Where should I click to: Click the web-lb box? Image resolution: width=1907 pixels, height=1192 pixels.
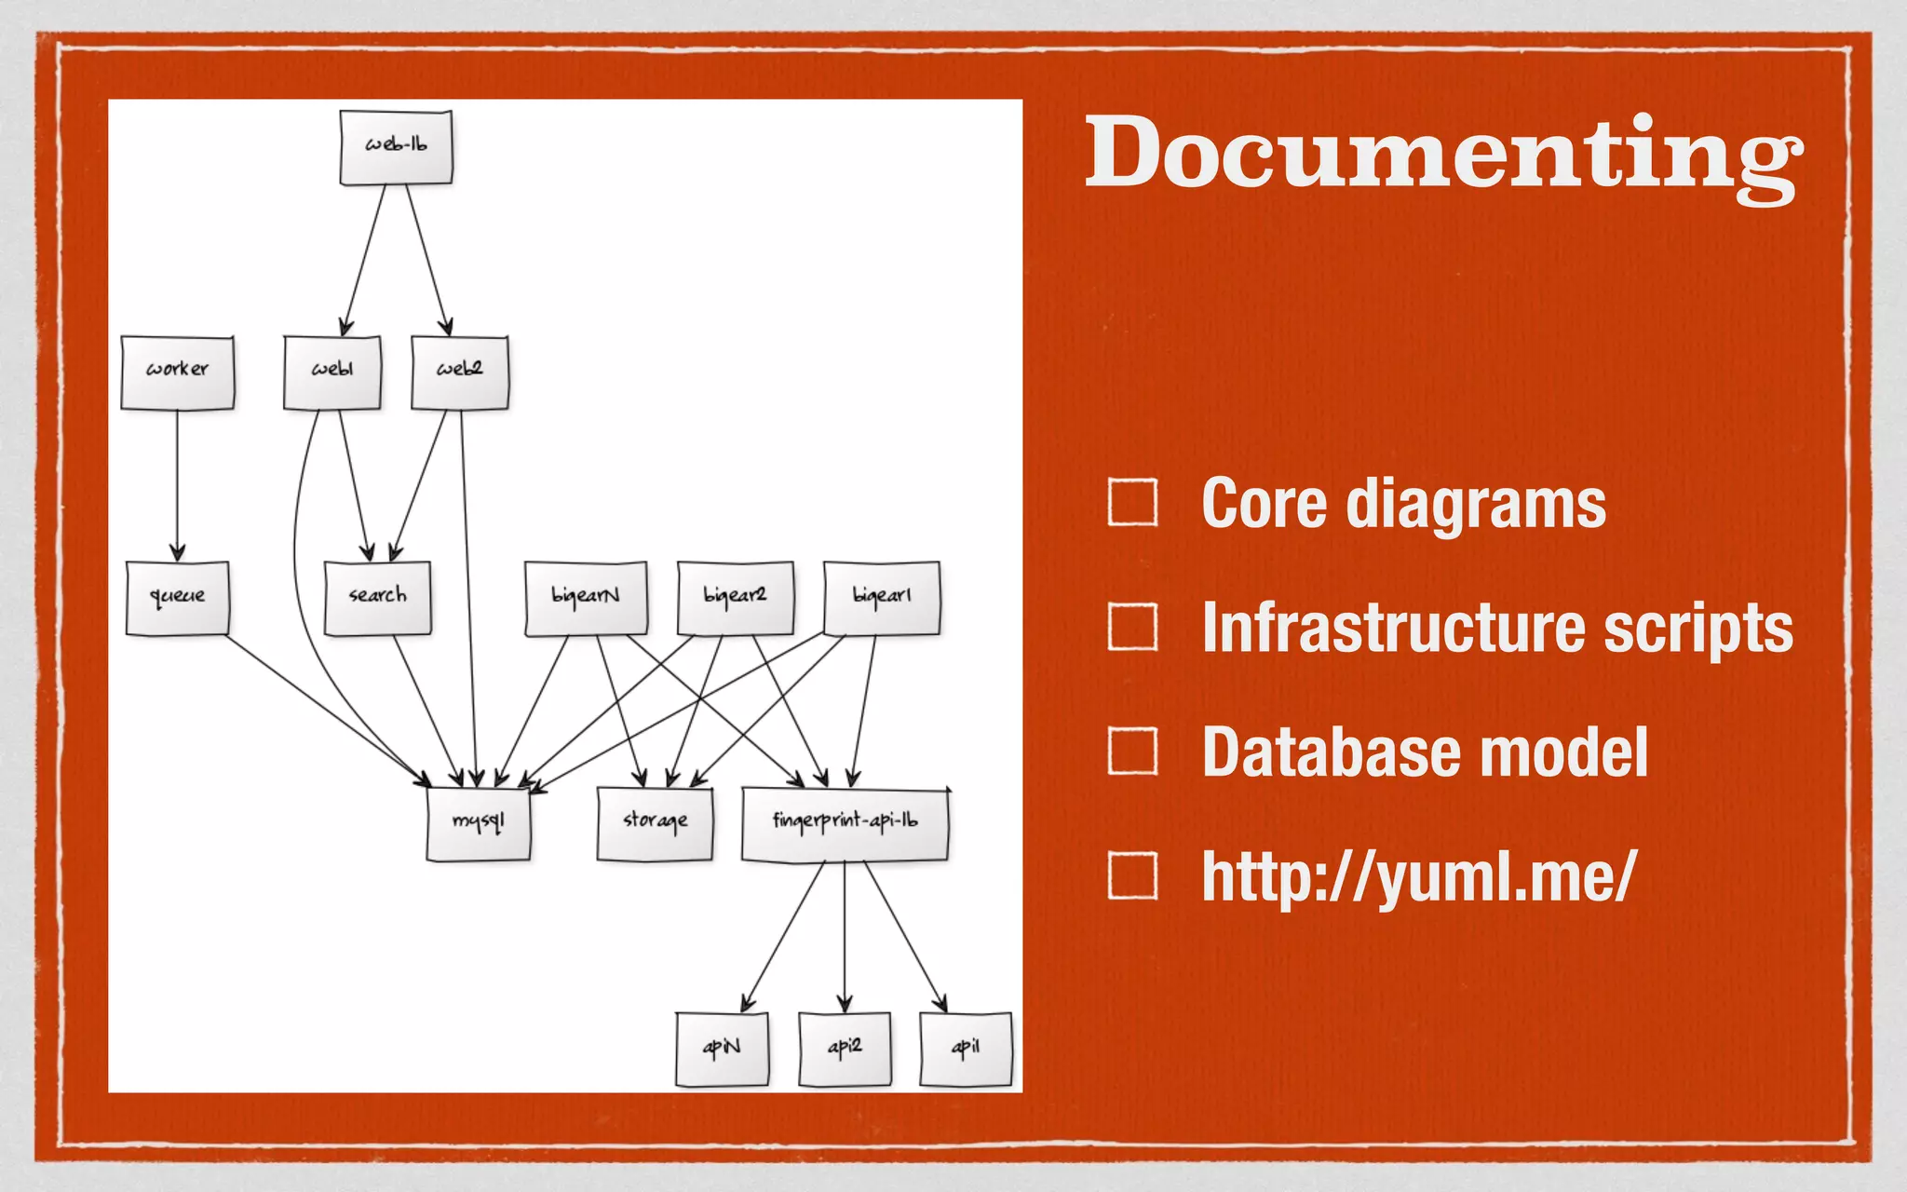[x=396, y=147]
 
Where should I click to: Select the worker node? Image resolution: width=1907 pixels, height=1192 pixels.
[x=177, y=372]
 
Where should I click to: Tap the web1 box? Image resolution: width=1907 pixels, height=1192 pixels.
[x=332, y=372]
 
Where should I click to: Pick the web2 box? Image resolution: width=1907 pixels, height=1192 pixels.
[x=460, y=372]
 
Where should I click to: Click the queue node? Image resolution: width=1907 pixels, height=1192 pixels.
[x=177, y=598]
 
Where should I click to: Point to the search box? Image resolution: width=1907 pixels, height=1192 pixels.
[x=377, y=598]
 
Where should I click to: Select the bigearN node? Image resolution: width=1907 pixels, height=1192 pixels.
[x=586, y=598]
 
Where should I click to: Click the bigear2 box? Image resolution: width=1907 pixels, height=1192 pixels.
[x=736, y=598]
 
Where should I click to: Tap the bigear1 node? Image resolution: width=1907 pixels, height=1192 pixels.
[x=882, y=598]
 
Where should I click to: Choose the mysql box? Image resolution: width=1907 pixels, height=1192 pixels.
[x=479, y=823]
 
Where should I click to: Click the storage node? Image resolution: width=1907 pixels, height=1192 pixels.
[x=655, y=823]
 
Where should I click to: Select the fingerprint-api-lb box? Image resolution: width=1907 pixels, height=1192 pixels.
[x=845, y=823]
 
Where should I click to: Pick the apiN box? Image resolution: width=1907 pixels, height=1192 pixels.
[x=722, y=1049]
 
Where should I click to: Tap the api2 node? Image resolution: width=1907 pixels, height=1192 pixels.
[x=845, y=1049]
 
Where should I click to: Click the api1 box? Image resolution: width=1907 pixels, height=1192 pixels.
[x=966, y=1049]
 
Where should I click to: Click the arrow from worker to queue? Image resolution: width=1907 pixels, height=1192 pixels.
[x=177, y=484]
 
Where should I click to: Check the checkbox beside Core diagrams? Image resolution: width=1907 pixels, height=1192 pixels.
[x=1132, y=503]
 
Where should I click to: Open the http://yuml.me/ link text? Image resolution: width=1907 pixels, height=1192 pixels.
[x=1418, y=877]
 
